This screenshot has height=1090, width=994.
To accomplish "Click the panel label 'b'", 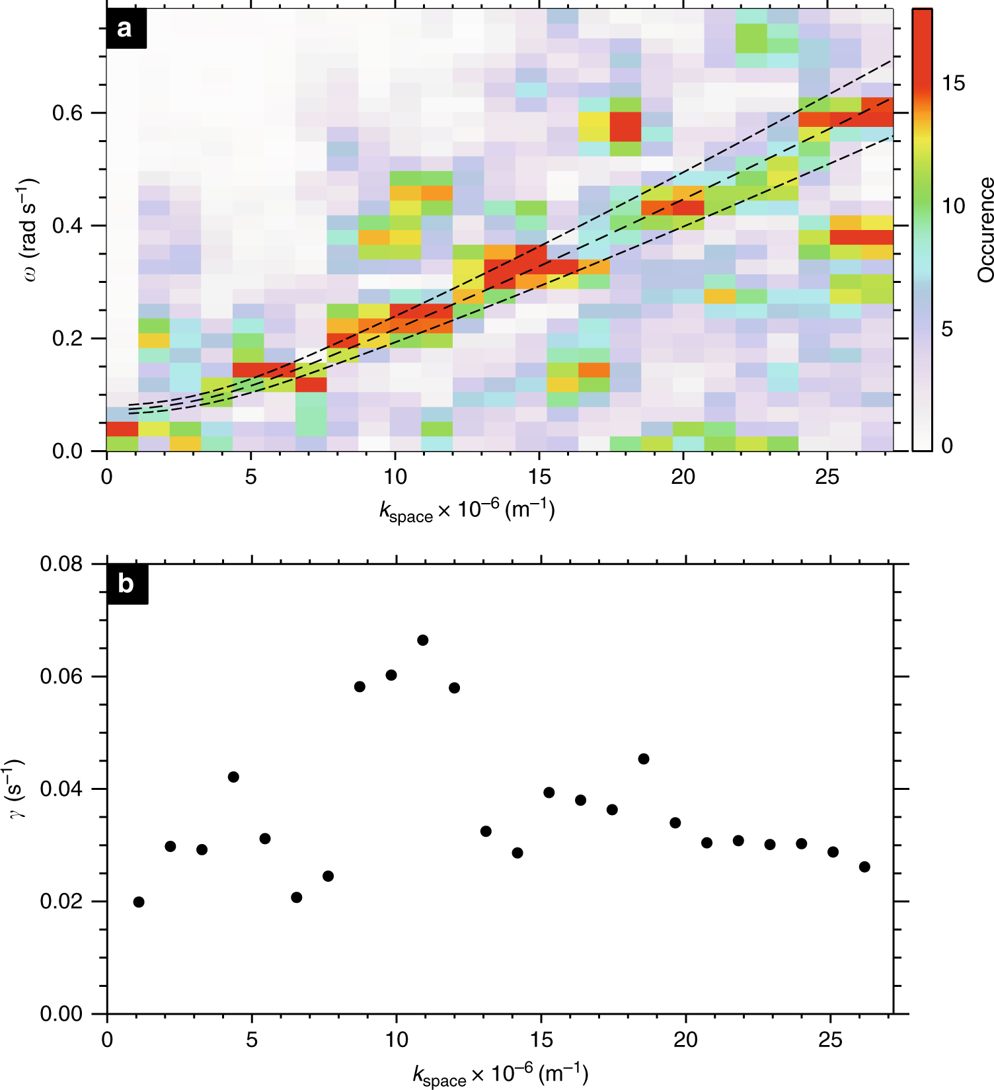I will (x=126, y=584).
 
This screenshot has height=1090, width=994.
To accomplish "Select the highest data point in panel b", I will (x=423, y=640).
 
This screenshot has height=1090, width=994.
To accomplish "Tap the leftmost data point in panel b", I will (x=138, y=902).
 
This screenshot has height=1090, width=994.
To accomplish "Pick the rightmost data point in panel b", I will (x=864, y=867).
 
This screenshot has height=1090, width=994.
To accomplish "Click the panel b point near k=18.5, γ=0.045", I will (x=644, y=759).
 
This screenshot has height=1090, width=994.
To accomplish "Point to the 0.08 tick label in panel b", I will (x=61, y=564).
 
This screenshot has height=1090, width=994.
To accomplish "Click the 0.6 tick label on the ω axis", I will (x=67, y=113).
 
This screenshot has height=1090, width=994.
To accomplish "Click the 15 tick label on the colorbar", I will (x=953, y=83).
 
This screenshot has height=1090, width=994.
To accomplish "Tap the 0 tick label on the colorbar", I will (x=947, y=446).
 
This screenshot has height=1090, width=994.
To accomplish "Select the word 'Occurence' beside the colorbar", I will (x=985, y=230).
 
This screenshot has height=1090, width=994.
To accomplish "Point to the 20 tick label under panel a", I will (x=683, y=477).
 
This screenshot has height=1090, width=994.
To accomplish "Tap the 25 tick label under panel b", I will (x=830, y=1040).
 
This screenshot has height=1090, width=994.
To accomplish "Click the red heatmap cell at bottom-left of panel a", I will (x=122, y=429).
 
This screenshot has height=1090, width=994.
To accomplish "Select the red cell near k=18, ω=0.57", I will (x=625, y=127).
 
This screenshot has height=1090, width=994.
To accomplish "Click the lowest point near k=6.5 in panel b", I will (x=296, y=897).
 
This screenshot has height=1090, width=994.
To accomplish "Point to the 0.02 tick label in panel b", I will (x=61, y=902).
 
